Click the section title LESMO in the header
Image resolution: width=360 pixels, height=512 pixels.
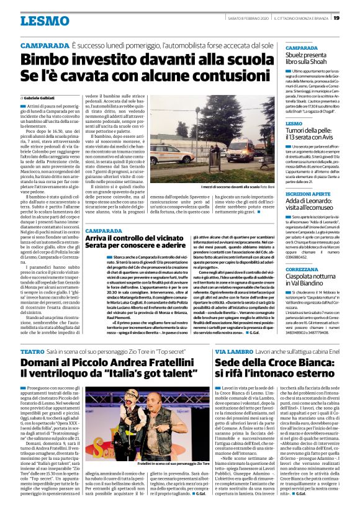(45, 21)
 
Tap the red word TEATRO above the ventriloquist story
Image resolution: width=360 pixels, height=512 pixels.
(32, 351)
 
